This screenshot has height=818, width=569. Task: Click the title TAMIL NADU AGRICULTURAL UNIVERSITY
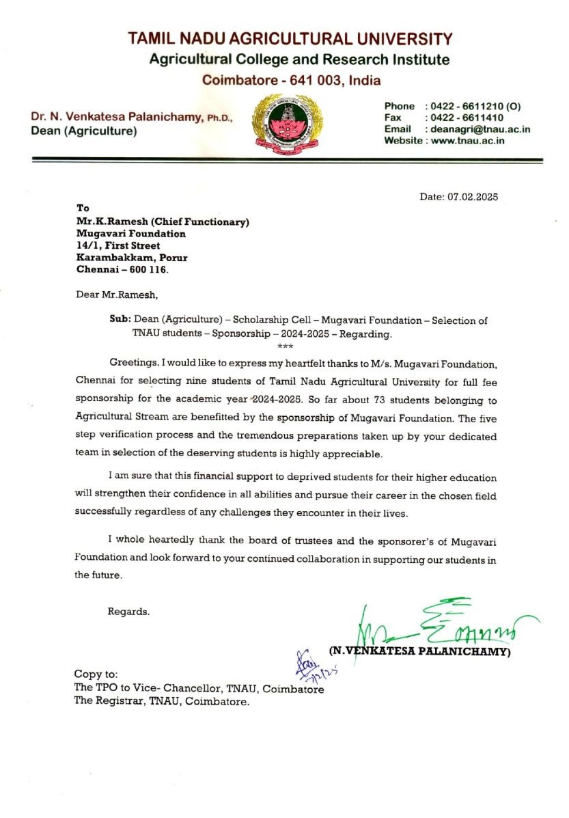click(290, 39)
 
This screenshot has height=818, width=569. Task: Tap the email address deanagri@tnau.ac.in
click(481, 129)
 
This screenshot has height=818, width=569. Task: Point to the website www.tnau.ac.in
click(467, 141)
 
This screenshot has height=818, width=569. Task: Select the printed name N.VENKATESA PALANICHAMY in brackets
click(420, 651)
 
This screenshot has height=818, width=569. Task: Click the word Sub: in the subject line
click(120, 319)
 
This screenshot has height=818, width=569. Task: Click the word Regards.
click(128, 612)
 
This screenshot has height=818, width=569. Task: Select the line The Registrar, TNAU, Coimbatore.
click(162, 702)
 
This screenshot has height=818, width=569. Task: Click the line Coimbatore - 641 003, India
click(291, 80)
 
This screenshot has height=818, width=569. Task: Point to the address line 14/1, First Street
click(118, 245)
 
